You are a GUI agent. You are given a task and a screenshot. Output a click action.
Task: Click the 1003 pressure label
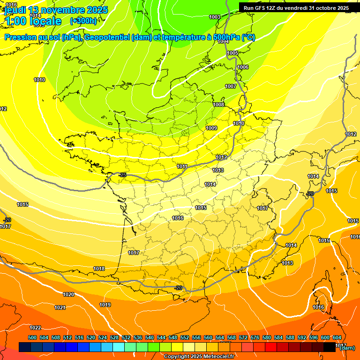click(215, 17)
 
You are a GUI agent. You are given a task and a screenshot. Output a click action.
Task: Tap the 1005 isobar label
click(232, 53)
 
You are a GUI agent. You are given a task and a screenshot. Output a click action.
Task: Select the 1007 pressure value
click(231, 87)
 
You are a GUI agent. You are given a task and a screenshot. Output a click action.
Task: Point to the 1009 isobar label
click(211, 128)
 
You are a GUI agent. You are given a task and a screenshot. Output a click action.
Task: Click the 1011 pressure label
click(182, 166)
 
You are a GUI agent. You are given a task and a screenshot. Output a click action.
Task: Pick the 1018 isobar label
click(99, 269)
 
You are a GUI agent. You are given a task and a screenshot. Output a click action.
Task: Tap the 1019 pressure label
click(105, 305)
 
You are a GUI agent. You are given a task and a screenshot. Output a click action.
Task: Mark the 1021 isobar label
click(60, 307)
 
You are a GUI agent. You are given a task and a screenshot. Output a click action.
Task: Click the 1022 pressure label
click(35, 328)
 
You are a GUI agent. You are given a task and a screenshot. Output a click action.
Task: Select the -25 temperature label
click(123, 175)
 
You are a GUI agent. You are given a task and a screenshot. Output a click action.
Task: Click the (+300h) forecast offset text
click(83, 21)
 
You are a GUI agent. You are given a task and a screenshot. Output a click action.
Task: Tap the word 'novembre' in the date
click(59, 10)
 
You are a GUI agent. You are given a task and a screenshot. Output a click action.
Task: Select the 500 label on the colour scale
click(32, 337)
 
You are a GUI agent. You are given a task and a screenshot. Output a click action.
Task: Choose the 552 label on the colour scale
click(185, 337)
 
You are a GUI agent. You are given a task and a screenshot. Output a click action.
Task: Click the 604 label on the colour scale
click(337, 337)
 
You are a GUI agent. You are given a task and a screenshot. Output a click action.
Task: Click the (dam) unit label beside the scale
click(347, 348)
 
